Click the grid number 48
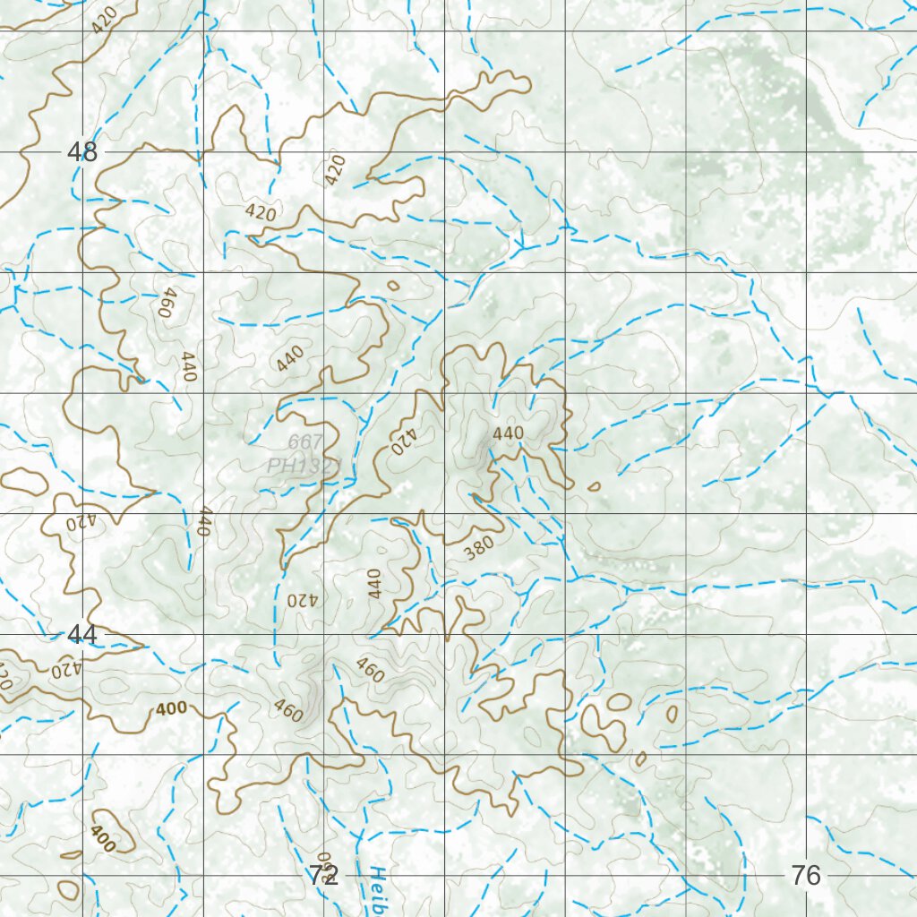[82, 152]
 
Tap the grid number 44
[81, 635]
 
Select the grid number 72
[323, 875]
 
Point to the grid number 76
[806, 875]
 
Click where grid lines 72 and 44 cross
[324, 634]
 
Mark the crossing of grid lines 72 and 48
[324, 151]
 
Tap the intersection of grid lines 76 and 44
[807, 634]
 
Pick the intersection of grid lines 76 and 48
[807, 151]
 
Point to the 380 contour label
[479, 549]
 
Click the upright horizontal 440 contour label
[508, 433]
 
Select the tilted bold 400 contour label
[102, 838]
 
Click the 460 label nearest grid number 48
[164, 304]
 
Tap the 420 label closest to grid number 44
[65, 669]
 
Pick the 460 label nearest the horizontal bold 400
[288, 710]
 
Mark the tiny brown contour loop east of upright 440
[594, 486]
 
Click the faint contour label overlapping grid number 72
[323, 862]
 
